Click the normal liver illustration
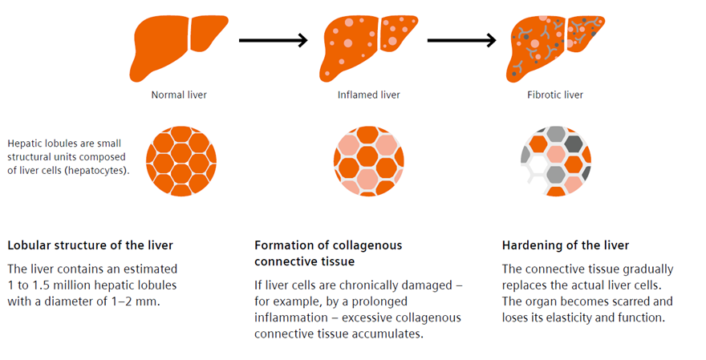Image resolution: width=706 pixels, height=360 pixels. coord(179,47)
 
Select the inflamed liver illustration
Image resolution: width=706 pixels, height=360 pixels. coord(368,47)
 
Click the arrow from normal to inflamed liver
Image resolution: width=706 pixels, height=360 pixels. coord(274,39)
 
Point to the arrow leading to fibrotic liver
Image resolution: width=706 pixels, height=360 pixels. coord(461,39)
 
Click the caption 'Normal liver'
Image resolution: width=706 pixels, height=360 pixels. coord(179,95)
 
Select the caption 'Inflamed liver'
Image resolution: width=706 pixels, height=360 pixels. coord(368,95)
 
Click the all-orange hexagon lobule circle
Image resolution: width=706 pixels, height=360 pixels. coord(181,161)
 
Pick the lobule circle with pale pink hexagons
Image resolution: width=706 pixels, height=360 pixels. coord(368,161)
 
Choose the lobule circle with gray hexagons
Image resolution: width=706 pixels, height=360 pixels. coord(556,161)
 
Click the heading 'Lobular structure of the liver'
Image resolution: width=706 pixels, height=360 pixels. coord(90,245)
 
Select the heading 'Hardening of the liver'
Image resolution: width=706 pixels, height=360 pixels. coord(566,245)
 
